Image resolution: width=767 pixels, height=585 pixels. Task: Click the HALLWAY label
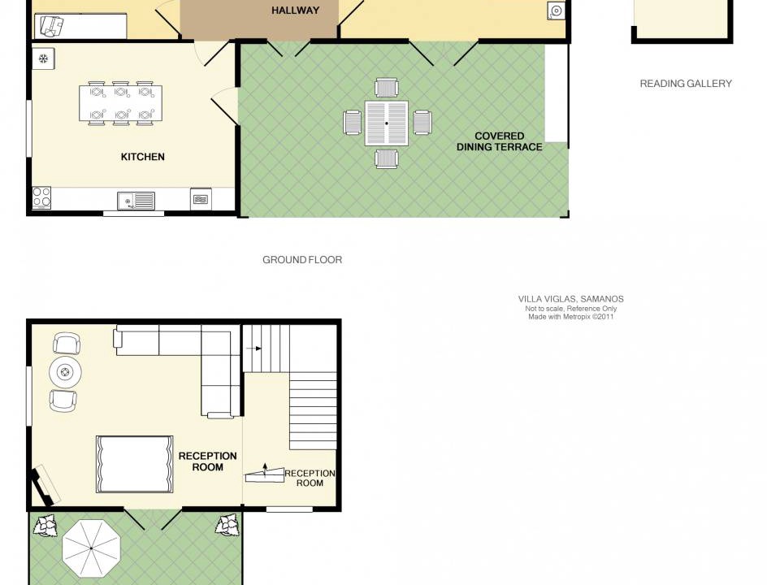pos(296,11)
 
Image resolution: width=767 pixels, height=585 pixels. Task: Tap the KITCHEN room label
pos(142,157)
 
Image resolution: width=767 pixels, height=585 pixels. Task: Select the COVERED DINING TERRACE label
pos(500,141)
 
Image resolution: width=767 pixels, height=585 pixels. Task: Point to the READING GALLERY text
pos(686,84)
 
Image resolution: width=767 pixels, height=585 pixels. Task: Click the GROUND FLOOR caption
pos(302,260)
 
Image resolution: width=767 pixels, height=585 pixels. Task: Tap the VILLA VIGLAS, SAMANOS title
pos(571,299)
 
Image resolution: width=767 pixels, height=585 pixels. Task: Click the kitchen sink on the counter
pos(136,201)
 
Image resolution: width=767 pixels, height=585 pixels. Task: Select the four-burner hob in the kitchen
pos(41,197)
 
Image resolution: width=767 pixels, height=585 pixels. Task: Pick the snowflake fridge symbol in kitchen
pos(44,59)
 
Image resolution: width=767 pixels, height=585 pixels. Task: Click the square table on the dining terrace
pos(387,123)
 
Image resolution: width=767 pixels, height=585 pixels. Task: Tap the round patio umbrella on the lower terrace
pos(92,548)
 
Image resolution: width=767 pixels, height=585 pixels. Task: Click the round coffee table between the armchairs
pos(65,373)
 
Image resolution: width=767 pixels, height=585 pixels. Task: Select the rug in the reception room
pos(135,464)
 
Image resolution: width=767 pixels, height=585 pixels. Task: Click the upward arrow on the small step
pos(265,470)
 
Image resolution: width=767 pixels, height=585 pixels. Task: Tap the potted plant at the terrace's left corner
pos(45,526)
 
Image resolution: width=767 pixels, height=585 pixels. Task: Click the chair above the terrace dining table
pos(387,88)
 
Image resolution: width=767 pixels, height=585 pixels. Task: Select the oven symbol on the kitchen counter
pos(201,199)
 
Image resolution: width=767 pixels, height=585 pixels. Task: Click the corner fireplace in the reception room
pos(42,485)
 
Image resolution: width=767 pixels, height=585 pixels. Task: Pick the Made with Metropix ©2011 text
pos(571,316)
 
